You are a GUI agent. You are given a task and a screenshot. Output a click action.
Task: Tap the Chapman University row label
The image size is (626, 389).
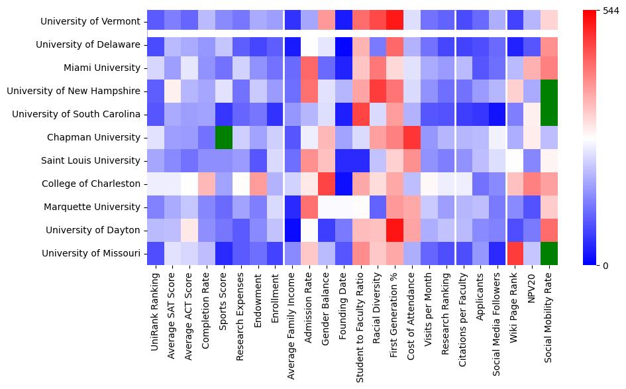103,137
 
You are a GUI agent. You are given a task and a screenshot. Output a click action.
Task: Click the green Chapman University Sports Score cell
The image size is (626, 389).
224,137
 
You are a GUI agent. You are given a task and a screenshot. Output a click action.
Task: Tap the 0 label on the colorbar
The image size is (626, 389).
605,266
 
